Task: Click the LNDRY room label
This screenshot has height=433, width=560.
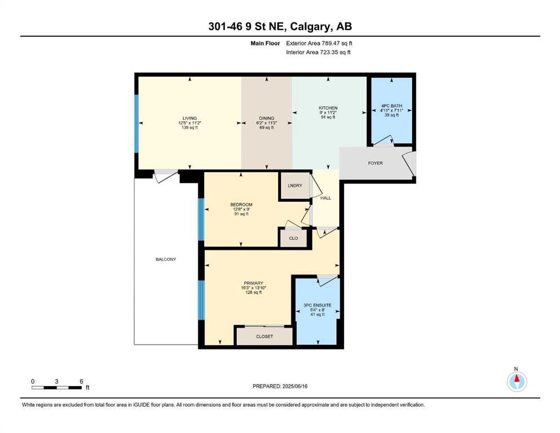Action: [294, 185]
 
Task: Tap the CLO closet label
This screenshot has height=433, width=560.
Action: [293, 238]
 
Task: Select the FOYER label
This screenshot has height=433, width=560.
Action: [376, 163]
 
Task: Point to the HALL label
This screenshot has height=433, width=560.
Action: [325, 198]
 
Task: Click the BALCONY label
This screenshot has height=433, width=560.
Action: [166, 259]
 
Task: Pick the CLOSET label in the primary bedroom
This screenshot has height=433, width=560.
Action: [264, 336]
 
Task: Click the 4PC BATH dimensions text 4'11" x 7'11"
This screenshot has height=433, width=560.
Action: [391, 111]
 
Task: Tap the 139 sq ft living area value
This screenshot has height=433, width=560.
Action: [189, 127]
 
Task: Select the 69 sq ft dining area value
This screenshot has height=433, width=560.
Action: [266, 127]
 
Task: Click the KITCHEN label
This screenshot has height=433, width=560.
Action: [328, 108]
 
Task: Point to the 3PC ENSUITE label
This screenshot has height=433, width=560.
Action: [317, 305]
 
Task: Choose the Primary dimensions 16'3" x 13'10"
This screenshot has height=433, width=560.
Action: [253, 288]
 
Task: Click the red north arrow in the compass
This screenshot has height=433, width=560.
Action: [517, 378]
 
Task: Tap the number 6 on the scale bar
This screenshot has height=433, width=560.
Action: [81, 381]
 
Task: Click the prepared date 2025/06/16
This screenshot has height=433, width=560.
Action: [294, 386]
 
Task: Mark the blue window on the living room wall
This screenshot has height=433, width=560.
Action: [136, 123]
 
